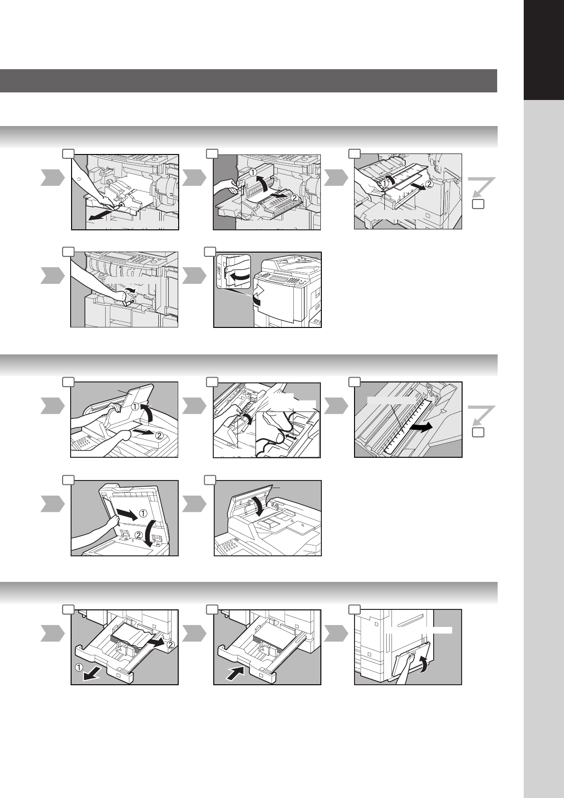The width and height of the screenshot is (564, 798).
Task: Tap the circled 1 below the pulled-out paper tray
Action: coord(79,667)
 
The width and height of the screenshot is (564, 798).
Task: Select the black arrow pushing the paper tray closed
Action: coord(236,674)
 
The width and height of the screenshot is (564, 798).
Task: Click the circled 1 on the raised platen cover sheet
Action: coord(142,513)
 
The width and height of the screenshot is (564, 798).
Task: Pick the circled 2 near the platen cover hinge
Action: coord(139,535)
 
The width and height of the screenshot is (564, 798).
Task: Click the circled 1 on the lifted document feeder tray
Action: coord(135,407)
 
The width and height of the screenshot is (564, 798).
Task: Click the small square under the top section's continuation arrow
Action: coord(478,204)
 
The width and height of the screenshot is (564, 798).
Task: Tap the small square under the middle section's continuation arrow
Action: coord(478,433)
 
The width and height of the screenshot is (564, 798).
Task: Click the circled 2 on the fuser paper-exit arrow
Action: coord(295,197)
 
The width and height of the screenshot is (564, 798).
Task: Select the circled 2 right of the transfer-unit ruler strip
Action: coord(429,184)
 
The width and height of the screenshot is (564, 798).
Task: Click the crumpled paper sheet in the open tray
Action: coord(133,635)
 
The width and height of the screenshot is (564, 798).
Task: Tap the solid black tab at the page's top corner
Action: coord(544,50)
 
